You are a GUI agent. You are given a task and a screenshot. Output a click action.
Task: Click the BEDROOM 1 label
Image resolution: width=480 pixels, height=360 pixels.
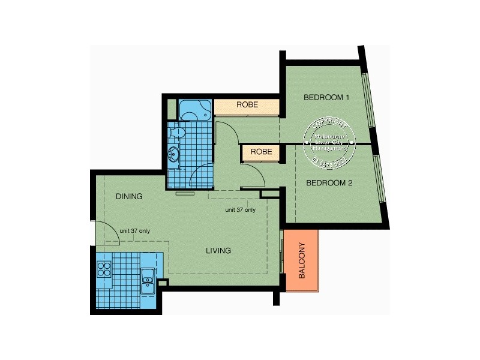tap(326, 97)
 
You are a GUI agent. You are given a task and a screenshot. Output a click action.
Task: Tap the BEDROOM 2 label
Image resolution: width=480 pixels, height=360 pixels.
tap(329, 184)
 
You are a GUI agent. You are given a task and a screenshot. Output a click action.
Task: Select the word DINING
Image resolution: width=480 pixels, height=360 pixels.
tap(129, 196)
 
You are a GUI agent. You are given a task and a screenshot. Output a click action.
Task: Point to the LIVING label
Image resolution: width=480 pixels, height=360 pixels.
tap(218, 250)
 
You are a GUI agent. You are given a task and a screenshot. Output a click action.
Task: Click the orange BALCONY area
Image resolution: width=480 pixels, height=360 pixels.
tap(302, 261)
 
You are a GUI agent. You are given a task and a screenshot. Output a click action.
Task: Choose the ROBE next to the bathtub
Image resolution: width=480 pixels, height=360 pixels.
tap(247, 105)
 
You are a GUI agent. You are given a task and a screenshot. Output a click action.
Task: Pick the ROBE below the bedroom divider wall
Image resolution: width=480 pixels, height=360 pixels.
tap(261, 152)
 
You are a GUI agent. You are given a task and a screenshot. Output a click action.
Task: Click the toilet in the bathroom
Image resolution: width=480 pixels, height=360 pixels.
tap(178, 132)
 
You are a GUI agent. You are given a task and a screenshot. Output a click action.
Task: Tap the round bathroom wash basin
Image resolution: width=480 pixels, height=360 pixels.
tap(175, 154)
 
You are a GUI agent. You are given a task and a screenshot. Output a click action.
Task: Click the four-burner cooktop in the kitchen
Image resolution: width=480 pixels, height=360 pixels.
tap(104, 271)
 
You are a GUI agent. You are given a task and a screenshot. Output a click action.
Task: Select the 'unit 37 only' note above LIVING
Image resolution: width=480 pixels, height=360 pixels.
tap(240, 210)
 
